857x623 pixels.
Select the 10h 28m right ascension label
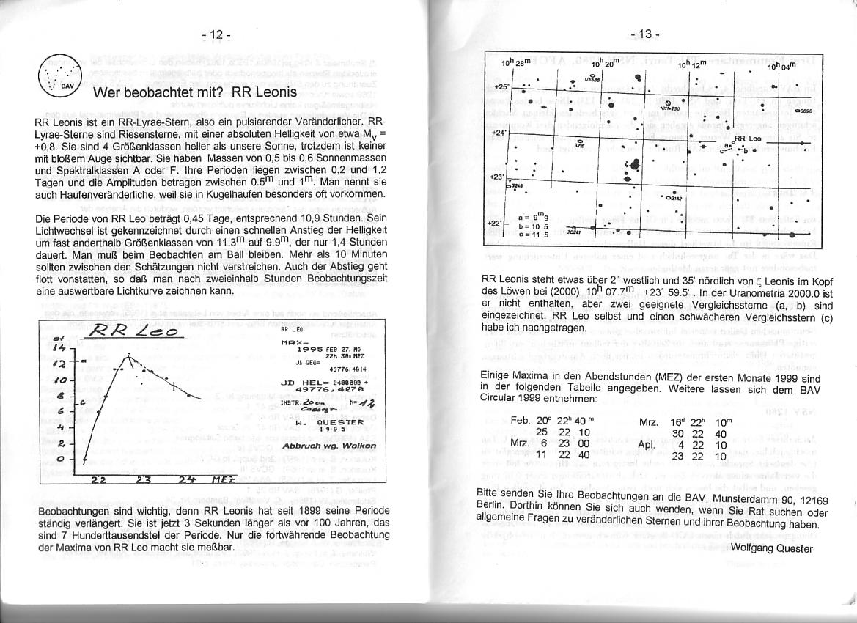(513, 66)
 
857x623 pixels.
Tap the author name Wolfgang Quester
(771, 548)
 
